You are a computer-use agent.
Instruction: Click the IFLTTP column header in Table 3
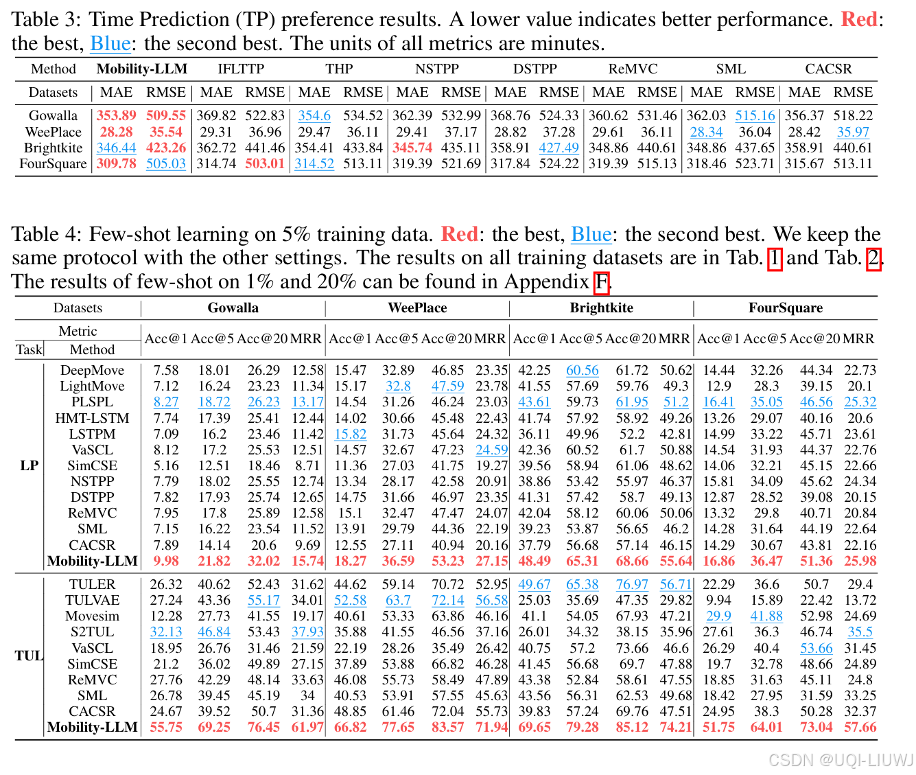click(x=241, y=69)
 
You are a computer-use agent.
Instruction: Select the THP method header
click(x=339, y=69)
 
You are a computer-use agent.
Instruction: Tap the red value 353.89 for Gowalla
click(x=116, y=116)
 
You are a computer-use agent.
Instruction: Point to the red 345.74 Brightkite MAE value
click(x=412, y=148)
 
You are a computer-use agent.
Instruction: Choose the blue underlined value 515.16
click(x=755, y=116)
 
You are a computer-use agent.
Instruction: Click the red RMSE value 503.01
click(x=265, y=163)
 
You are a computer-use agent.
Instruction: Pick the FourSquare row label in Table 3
click(x=54, y=163)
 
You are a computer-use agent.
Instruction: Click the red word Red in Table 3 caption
click(x=859, y=19)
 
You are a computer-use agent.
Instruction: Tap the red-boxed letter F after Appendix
click(x=602, y=281)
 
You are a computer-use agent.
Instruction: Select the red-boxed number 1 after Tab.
click(x=774, y=258)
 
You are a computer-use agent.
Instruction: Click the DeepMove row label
click(x=92, y=371)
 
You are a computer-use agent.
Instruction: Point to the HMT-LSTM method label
click(x=92, y=418)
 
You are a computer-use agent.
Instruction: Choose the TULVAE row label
click(x=92, y=600)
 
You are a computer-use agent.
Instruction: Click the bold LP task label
click(x=30, y=465)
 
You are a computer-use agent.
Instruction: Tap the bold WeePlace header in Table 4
click(x=417, y=308)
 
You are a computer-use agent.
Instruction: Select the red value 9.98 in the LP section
click(x=166, y=561)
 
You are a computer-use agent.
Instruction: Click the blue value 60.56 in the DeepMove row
click(x=583, y=371)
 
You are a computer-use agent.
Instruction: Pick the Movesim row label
click(x=92, y=616)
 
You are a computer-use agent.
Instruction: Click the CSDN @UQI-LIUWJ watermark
click(x=841, y=760)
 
